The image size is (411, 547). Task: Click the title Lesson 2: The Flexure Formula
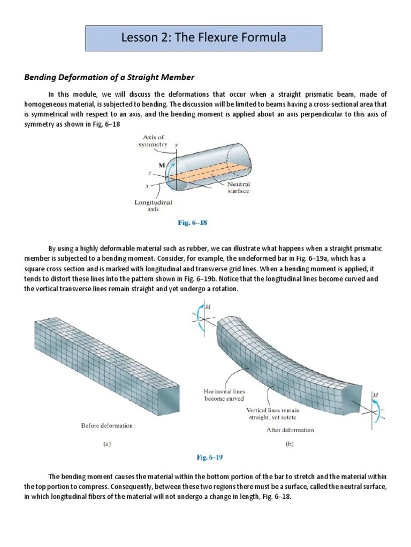(x=204, y=38)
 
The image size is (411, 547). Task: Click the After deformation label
(x=290, y=429)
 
